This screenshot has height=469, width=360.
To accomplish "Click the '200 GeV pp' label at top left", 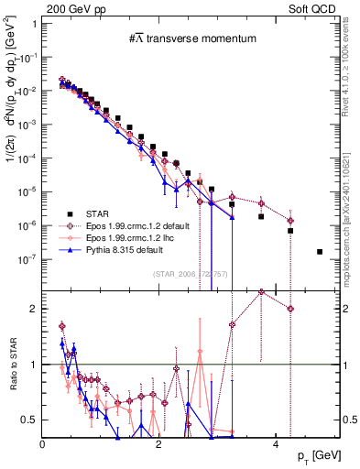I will (69, 7).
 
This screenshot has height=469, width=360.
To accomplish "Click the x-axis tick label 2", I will (159, 444).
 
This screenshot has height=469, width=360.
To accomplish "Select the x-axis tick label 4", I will (276, 444).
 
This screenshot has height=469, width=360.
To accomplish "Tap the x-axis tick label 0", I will (43, 444).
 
